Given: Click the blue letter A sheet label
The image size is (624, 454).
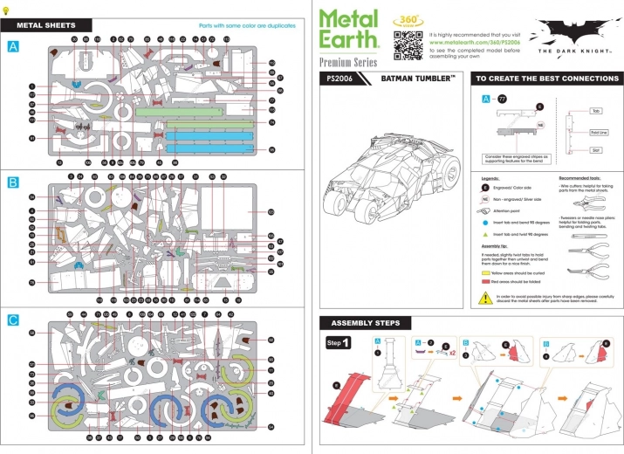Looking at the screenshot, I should point(12,46).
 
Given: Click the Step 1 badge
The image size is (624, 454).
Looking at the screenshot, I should point(339,342).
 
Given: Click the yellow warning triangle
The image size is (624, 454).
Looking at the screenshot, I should point(485,298).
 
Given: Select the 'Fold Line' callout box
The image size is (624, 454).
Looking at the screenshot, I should point(599,132).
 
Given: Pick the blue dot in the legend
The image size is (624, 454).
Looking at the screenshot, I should point(485,224).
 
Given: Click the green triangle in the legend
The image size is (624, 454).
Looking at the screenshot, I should point(485,235).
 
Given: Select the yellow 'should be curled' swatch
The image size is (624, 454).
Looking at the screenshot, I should point(487,272).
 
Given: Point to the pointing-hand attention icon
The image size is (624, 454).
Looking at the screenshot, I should point(486,211).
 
